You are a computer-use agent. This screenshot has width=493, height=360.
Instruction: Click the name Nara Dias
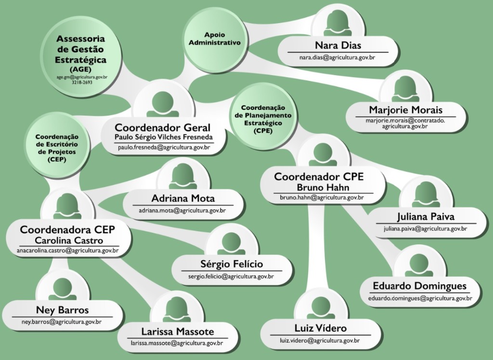[x=337, y=45]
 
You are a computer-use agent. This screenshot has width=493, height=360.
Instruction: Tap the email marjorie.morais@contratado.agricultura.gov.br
[x=405, y=123]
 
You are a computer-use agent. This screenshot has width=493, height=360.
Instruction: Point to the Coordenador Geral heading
[x=163, y=128]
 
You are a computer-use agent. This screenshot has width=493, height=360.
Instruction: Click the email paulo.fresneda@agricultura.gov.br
[x=164, y=148]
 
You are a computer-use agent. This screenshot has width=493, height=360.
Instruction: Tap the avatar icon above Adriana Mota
[x=183, y=177]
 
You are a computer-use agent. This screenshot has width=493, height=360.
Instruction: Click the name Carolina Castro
[x=69, y=240]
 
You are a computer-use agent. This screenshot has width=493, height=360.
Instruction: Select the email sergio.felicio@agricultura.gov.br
[x=231, y=277]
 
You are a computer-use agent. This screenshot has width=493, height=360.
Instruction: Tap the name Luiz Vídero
[x=320, y=329]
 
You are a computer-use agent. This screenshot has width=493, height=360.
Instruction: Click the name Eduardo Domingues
[x=419, y=286]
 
